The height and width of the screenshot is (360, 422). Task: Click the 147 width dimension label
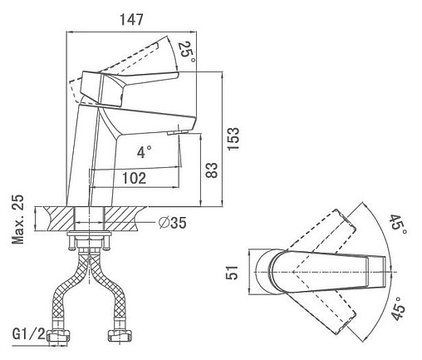click(131, 19)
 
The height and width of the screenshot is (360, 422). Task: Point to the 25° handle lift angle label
click(187, 52)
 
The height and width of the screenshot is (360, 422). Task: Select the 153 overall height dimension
click(233, 139)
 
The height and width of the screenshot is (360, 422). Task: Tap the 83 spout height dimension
click(212, 170)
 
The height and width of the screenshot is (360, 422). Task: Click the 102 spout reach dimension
click(134, 178)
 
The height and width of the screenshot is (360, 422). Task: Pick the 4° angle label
click(145, 151)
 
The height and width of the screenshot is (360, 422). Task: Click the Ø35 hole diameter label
click(172, 223)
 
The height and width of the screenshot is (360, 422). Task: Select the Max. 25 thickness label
click(17, 219)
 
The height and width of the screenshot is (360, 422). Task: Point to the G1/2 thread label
click(28, 334)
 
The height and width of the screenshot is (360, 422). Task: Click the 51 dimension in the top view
click(232, 273)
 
